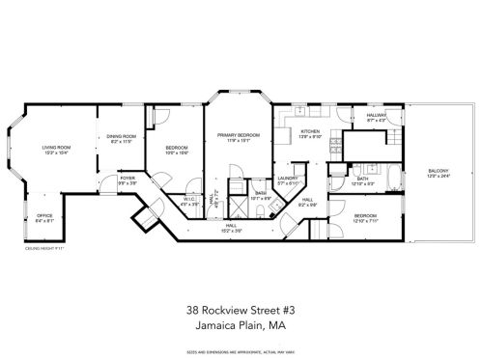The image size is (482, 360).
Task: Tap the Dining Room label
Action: tap(121, 136)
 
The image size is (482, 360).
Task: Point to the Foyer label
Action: tap(127, 179)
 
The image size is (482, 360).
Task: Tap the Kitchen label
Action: tap(309, 131)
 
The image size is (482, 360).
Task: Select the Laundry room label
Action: tap(287, 179)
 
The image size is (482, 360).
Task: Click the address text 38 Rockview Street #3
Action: tap(241, 311)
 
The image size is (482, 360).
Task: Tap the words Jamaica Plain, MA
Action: tap(241, 326)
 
